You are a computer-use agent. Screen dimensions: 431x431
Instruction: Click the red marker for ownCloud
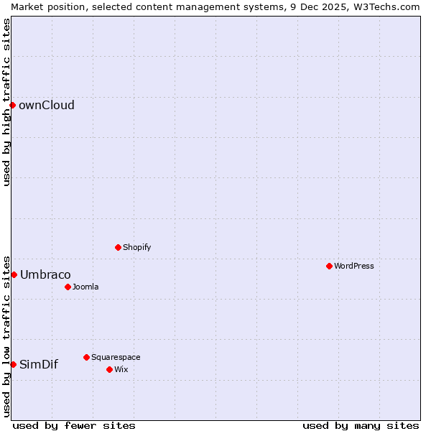[x=12, y=105]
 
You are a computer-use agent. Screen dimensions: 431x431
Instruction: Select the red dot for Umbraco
[x=14, y=274]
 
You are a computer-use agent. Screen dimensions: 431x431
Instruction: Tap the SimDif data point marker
[x=13, y=364]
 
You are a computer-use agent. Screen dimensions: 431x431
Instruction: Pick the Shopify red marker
[x=119, y=247]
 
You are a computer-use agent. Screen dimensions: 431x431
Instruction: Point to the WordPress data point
[x=330, y=266]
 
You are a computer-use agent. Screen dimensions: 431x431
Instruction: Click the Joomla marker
[x=68, y=287]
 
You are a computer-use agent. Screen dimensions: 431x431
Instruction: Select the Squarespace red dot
[x=87, y=357]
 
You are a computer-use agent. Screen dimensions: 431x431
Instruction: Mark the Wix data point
[x=110, y=369]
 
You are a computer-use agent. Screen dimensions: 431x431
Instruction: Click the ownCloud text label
[x=47, y=106]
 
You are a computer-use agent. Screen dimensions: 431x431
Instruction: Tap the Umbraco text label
[x=45, y=275]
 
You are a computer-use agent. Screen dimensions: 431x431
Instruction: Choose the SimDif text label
[x=39, y=365]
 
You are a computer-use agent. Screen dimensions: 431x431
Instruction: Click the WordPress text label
[x=354, y=267]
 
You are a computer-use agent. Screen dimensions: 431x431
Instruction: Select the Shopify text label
[x=137, y=248]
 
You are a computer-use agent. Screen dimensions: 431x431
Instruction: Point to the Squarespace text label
[x=116, y=358]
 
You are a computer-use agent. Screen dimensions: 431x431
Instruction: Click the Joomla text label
[x=85, y=287]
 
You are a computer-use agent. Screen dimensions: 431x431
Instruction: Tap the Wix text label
[x=121, y=370]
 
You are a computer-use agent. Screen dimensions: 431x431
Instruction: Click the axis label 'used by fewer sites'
[x=74, y=425]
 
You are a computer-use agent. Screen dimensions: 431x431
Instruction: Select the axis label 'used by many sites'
[x=361, y=425]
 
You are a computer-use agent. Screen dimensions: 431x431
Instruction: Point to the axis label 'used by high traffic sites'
[x=6, y=102]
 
